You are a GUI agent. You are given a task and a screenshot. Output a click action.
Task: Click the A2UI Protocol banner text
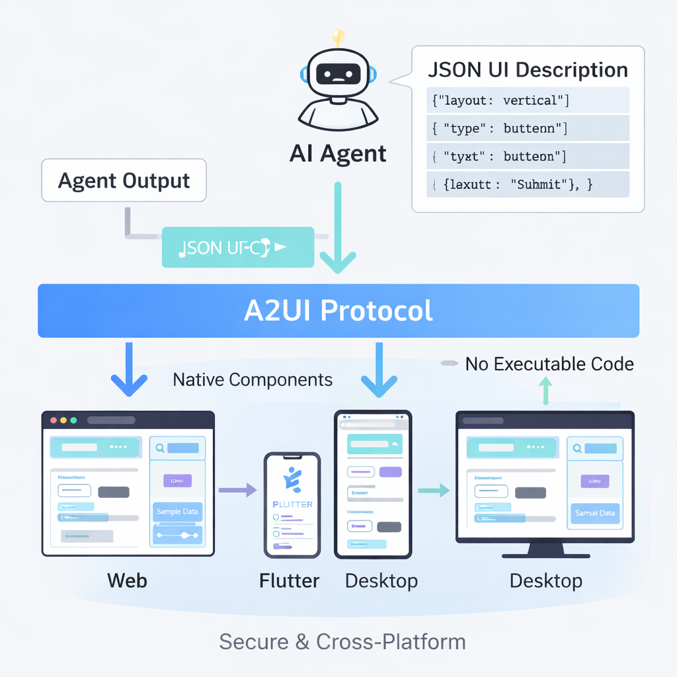coord(338,310)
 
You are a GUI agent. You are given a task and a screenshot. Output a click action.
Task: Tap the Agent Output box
coord(124,180)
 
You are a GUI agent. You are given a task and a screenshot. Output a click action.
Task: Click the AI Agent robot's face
coord(338,74)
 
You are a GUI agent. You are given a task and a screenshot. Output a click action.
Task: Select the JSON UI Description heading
coord(528,70)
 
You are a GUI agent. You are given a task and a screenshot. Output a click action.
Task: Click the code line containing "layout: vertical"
coord(499,100)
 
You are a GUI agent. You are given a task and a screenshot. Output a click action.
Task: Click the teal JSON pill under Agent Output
coord(238,248)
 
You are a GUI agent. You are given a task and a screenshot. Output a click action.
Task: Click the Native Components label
coord(253,379)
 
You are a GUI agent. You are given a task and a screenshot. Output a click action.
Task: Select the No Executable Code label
coord(549,364)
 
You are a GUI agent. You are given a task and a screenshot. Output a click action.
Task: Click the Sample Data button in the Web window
coord(177,512)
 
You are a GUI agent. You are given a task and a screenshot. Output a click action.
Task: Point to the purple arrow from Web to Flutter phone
coord(237,490)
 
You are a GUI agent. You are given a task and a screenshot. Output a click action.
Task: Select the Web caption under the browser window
coord(127,580)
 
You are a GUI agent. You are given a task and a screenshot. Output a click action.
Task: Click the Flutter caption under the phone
coord(290,581)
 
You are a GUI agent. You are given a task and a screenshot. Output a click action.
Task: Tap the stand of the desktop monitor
coord(545,550)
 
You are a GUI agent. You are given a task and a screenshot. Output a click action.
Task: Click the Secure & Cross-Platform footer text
coord(342,641)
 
